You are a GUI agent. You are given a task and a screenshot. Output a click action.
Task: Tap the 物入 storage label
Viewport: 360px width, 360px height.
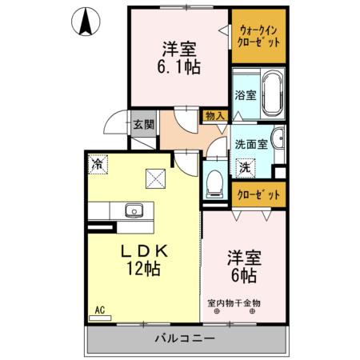point(214,116)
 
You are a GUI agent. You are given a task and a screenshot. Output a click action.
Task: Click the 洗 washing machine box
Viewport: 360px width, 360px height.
point(247,169)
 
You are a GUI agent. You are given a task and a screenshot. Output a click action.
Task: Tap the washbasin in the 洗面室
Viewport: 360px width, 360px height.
point(278,139)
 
